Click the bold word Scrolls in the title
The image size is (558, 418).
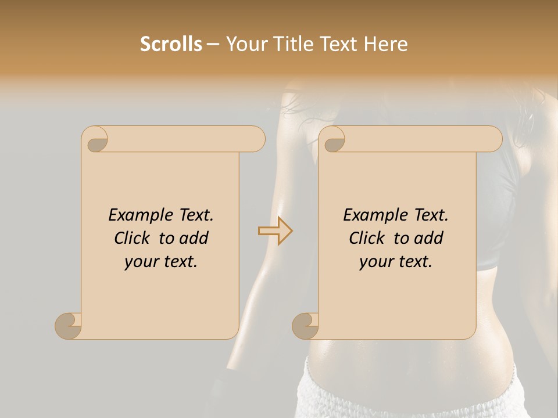point(171,44)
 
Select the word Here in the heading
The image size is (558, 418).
point(385,44)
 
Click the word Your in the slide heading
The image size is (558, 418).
point(247,44)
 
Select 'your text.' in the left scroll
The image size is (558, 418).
point(161,262)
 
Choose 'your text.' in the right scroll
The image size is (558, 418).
point(396,262)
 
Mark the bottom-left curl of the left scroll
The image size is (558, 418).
point(69,326)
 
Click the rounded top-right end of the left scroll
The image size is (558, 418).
point(256,139)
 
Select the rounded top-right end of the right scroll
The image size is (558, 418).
point(493,139)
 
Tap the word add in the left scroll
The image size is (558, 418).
point(195,238)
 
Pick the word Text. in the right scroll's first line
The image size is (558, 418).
point(431,215)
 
